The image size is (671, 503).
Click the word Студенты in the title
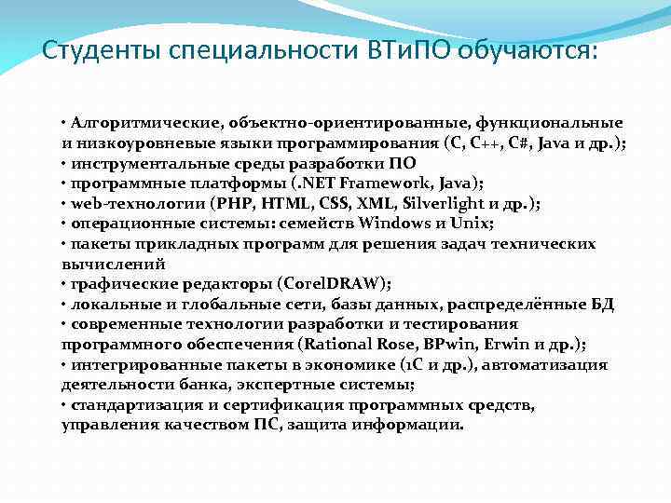coord(103,50)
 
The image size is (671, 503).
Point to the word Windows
coord(415,224)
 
